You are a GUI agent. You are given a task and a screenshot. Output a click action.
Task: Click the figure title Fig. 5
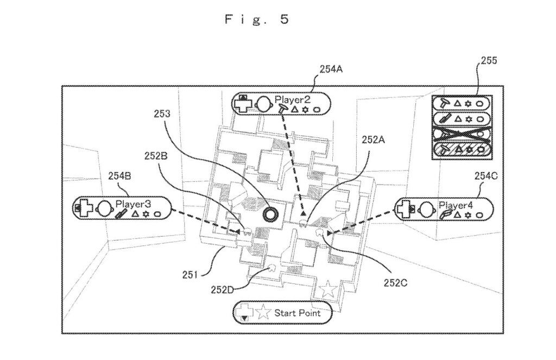point(257,20)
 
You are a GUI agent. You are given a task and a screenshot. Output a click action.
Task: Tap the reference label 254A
point(332,70)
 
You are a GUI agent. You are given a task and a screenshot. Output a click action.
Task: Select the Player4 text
point(456,205)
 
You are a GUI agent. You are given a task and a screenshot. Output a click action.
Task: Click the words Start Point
point(297,313)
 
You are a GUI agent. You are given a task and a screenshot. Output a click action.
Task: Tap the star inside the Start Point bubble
point(263,313)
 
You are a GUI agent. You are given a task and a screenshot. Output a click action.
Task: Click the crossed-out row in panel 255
point(459,133)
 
